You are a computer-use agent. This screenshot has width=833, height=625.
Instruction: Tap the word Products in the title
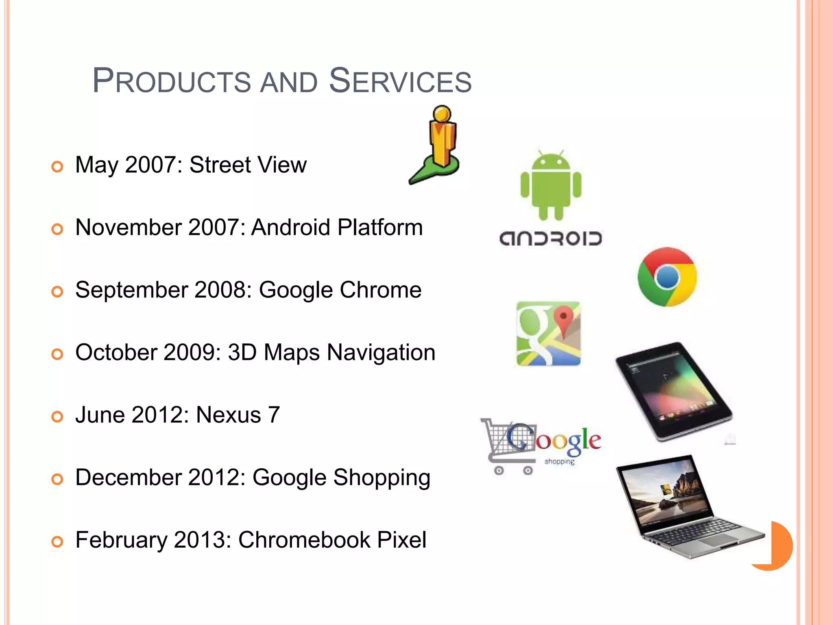[x=172, y=81]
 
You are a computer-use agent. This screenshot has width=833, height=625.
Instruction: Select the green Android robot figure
[x=551, y=185]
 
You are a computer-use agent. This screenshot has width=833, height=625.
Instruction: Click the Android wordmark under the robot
[x=550, y=239]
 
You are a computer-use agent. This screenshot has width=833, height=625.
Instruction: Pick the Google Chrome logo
[x=667, y=277]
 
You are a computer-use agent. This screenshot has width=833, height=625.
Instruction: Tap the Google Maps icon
[x=548, y=334]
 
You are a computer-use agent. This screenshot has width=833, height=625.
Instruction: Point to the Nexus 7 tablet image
[x=674, y=391]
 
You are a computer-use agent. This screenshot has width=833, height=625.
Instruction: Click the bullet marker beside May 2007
[x=57, y=166]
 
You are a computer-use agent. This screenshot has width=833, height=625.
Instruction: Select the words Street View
[x=248, y=165]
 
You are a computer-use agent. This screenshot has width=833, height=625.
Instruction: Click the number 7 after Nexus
[x=273, y=415]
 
